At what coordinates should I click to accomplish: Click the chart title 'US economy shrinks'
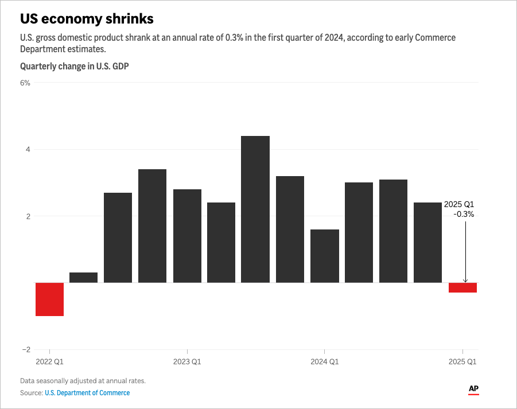coord(87,19)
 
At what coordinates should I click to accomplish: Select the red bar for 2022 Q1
coord(49,299)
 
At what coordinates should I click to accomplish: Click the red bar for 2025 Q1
coord(462,287)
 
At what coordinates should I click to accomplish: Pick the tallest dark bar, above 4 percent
coord(255,209)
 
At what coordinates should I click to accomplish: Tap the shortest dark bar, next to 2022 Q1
coord(84,278)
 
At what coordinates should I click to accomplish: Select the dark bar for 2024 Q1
coord(325,256)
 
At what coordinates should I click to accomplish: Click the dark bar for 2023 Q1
coord(187,236)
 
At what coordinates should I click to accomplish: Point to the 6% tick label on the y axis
coord(25,83)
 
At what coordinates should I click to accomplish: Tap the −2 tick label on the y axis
coord(25,350)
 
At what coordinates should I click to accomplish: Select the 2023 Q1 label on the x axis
coord(187,362)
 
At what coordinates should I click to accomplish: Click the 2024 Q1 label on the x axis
coord(325,362)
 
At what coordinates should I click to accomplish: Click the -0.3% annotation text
coord(464,214)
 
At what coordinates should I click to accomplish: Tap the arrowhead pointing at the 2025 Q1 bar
coord(465,281)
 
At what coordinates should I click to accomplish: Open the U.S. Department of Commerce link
coord(87,393)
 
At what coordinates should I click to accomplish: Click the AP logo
coord(473,389)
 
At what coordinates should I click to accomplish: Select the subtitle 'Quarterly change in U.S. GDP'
coord(74,67)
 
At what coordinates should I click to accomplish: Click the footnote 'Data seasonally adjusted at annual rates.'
coord(83,381)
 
